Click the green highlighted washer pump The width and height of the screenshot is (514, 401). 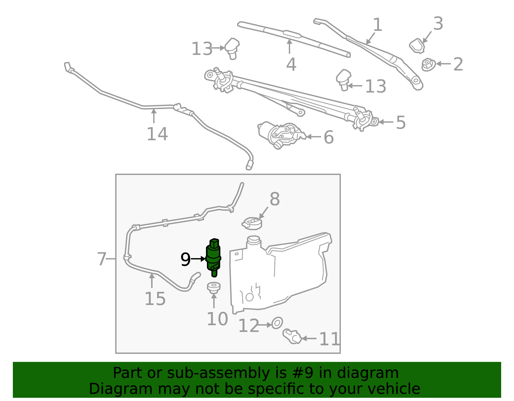213,257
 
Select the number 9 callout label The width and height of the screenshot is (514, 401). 185,259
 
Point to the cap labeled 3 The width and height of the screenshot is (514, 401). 417,46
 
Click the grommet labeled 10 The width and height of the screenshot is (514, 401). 214,287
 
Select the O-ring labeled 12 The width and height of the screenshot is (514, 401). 277,323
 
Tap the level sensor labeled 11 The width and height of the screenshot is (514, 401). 292,336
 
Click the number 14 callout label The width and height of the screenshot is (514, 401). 157,134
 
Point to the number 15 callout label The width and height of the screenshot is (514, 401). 155,299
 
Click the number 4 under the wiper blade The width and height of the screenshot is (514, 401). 291,65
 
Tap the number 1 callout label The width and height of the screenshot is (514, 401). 377,25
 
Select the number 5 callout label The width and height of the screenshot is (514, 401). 401,122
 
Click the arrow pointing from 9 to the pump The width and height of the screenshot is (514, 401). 198,258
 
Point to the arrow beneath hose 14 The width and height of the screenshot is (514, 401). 154,116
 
